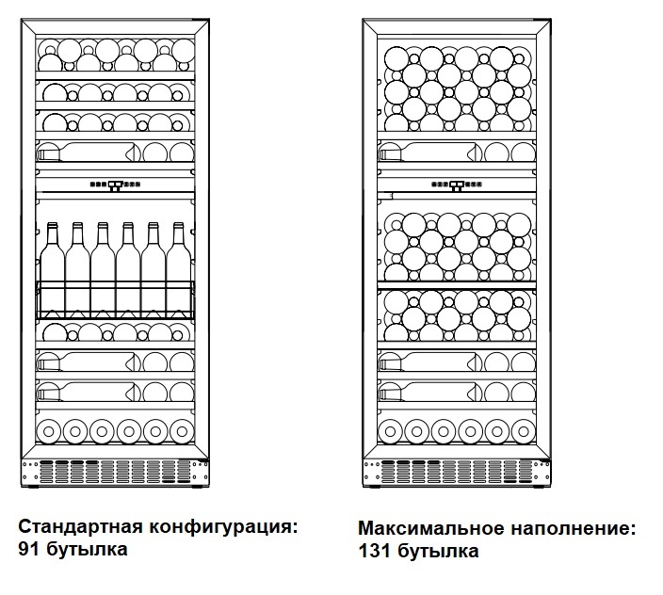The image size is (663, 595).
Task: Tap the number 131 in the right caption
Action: click(373, 551)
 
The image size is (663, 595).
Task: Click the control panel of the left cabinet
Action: click(116, 185)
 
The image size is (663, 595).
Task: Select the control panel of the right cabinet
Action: click(457, 185)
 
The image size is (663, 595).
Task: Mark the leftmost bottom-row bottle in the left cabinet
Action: click(49, 431)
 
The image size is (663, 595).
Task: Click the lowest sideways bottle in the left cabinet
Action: click(89, 391)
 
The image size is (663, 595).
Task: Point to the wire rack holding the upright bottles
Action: click(115, 299)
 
